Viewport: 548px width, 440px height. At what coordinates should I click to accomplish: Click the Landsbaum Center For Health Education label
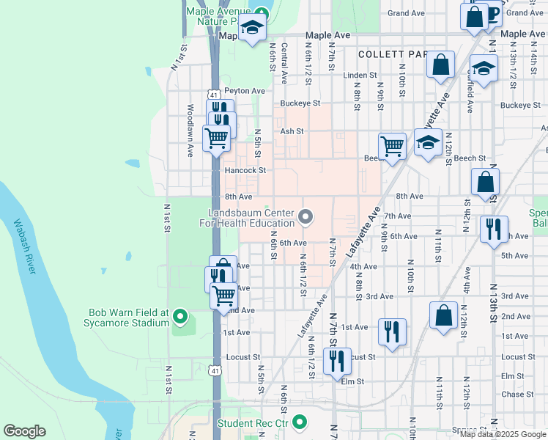click(251, 218)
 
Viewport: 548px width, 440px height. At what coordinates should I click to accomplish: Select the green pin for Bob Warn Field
click(179, 318)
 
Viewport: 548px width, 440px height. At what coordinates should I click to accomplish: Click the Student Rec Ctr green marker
click(299, 422)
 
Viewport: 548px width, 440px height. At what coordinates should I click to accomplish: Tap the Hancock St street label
click(244, 170)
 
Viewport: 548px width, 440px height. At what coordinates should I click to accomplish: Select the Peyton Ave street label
click(244, 91)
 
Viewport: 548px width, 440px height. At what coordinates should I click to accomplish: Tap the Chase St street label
click(513, 395)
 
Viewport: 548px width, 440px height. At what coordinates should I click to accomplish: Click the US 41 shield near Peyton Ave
click(212, 95)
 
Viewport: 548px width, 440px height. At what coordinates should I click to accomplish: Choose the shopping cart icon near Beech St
click(392, 145)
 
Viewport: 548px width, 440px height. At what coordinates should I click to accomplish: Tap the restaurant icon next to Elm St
click(337, 360)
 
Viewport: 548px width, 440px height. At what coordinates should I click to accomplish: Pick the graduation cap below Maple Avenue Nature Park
click(252, 28)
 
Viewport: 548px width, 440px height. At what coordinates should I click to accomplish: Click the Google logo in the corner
click(24, 431)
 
